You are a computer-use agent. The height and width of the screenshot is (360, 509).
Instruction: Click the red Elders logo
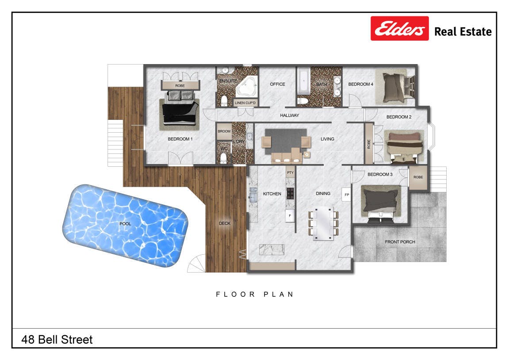(x=399, y=29)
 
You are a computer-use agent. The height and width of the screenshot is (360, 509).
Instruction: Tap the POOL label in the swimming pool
(x=125, y=224)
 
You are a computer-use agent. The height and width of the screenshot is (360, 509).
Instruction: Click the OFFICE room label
(x=277, y=84)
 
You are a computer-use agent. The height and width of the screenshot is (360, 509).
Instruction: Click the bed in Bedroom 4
(x=395, y=87)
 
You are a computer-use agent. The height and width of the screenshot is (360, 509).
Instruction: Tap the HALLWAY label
(x=290, y=115)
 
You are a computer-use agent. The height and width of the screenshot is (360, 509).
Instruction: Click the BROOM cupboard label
(x=224, y=131)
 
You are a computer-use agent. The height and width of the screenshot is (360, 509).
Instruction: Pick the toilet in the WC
(x=223, y=158)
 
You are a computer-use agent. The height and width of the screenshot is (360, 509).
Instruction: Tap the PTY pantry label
(x=290, y=172)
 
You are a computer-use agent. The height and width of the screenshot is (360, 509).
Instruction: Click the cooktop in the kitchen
(x=290, y=193)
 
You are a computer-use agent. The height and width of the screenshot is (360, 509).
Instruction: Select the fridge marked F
(x=290, y=215)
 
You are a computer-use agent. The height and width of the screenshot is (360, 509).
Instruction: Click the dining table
(x=323, y=223)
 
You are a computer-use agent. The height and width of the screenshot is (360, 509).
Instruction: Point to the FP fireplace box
(x=347, y=195)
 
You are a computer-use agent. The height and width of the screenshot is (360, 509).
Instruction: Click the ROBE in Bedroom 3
(x=418, y=177)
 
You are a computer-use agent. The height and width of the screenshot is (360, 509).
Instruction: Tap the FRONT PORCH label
(x=400, y=242)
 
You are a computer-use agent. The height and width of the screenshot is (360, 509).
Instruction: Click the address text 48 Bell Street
(x=57, y=340)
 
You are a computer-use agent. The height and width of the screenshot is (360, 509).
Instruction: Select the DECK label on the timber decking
(x=224, y=223)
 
